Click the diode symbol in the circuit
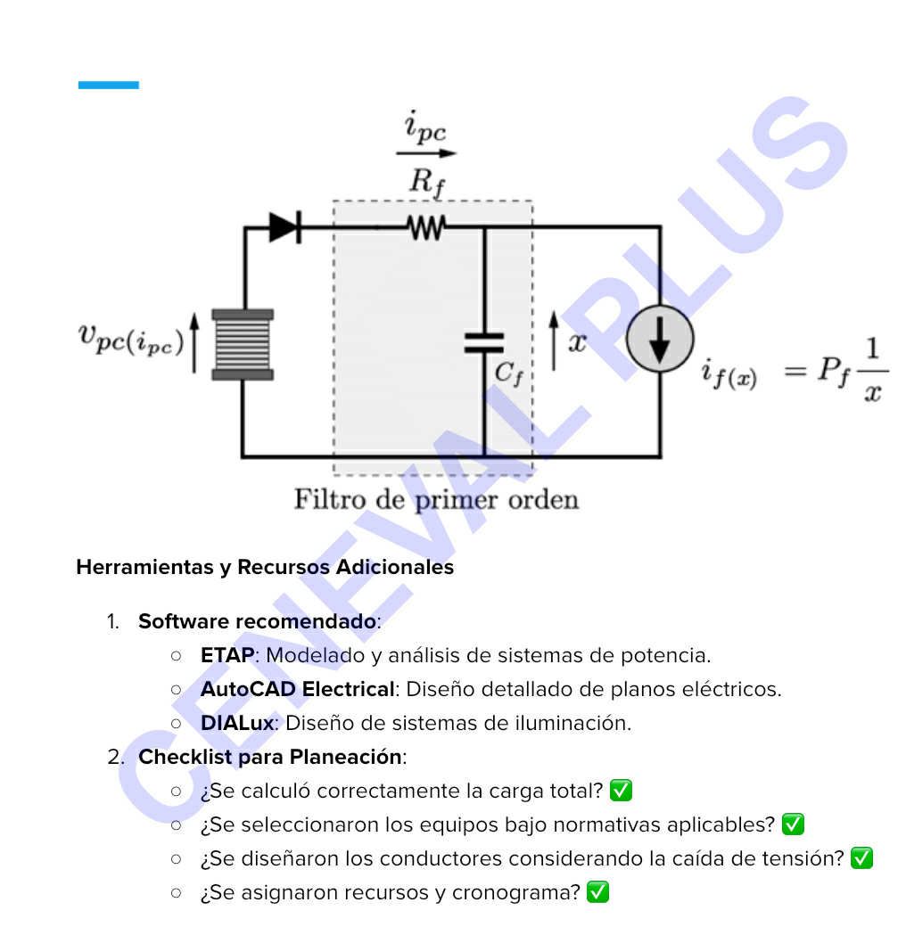pyautogui.click(x=285, y=227)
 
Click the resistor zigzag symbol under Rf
pyautogui.click(x=426, y=227)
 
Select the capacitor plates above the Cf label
pyautogui.click(x=483, y=343)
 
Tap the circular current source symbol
pyautogui.click(x=660, y=339)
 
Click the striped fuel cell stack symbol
pyautogui.click(x=243, y=344)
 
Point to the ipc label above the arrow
pyautogui.click(x=425, y=127)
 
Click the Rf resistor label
pyautogui.click(x=427, y=182)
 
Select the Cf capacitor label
pyautogui.click(x=509, y=373)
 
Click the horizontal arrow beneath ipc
pyautogui.click(x=426, y=153)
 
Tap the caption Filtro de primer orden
pyautogui.click(x=436, y=500)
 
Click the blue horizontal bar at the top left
pyautogui.click(x=109, y=86)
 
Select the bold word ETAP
pyautogui.click(x=227, y=655)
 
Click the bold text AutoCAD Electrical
pyautogui.click(x=298, y=689)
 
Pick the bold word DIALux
pyautogui.click(x=237, y=724)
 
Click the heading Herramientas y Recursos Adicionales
pyautogui.click(x=265, y=567)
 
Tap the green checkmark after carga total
pyautogui.click(x=621, y=791)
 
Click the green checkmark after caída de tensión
pyautogui.click(x=862, y=858)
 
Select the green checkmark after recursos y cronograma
pyautogui.click(x=597, y=892)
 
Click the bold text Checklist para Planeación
pyautogui.click(x=269, y=758)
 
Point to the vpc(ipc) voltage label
pyautogui.click(x=130, y=340)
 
